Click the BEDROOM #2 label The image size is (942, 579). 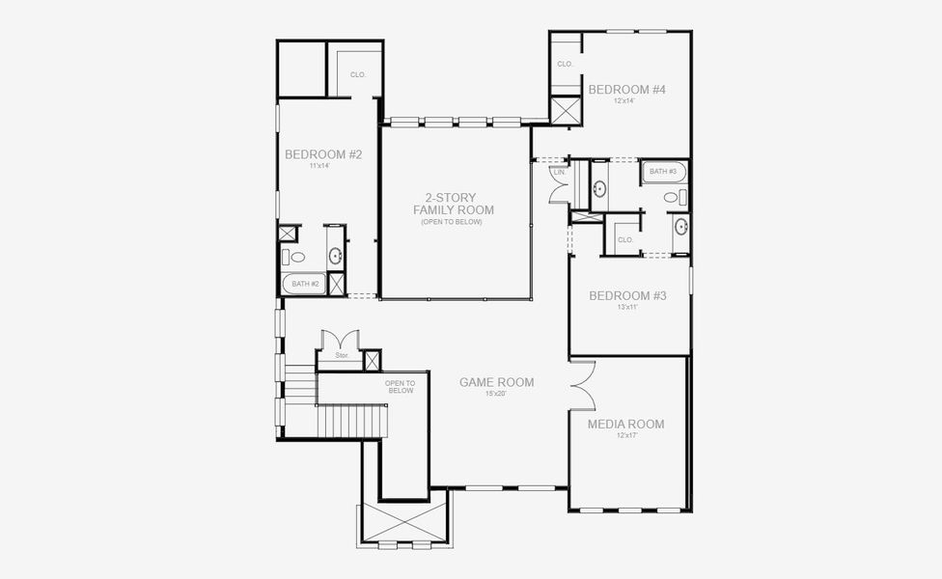(323, 154)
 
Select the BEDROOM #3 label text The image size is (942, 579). (627, 295)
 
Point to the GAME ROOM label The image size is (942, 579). (496, 382)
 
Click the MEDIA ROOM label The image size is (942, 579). (625, 424)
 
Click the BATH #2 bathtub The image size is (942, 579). (304, 284)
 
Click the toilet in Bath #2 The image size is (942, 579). (295, 257)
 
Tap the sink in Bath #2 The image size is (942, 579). (336, 256)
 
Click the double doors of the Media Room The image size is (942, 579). (582, 385)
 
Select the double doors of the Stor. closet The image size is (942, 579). (341, 343)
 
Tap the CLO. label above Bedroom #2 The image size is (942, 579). (357, 74)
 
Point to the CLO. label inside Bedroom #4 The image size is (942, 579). (565, 65)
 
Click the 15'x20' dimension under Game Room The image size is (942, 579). (496, 394)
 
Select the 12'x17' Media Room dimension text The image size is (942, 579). (625, 436)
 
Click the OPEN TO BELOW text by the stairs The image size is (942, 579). (400, 386)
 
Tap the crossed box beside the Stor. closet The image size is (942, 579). (372, 361)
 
